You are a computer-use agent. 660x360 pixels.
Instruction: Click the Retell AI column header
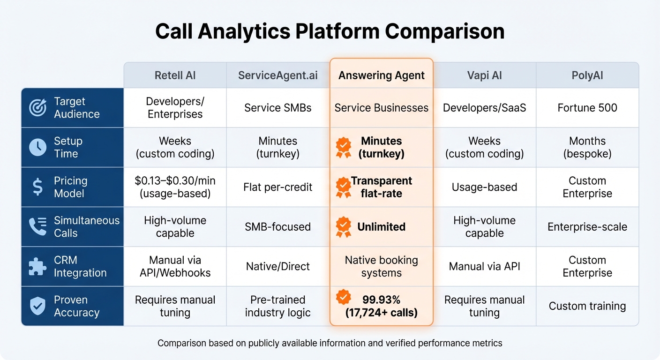tap(175, 75)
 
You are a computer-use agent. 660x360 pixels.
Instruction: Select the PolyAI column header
tap(587, 75)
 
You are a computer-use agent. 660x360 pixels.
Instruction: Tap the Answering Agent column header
tap(382, 75)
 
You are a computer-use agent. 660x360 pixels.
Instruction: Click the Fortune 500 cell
tap(587, 108)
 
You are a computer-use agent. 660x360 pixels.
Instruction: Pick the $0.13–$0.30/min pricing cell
tap(175, 187)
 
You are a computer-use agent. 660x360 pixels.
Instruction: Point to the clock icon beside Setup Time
tap(37, 147)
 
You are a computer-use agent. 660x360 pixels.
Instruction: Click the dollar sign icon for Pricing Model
tap(37, 187)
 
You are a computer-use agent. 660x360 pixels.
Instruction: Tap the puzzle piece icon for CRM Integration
tap(37, 266)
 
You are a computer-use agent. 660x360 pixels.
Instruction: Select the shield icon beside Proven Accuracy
tap(37, 306)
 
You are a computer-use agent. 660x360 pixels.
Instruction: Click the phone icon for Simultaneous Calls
tap(37, 227)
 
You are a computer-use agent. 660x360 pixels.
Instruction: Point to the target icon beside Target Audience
tap(37, 108)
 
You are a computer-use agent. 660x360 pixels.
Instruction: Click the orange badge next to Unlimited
tap(344, 227)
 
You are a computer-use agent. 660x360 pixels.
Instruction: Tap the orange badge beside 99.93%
tap(344, 297)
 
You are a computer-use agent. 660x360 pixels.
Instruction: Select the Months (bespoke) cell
tap(587, 147)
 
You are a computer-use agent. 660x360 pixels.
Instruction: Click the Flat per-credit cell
tap(277, 187)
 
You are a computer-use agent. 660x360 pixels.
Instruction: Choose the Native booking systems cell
tap(382, 266)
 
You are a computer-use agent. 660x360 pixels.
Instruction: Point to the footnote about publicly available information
tap(330, 343)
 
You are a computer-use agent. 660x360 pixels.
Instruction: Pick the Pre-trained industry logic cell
tap(277, 306)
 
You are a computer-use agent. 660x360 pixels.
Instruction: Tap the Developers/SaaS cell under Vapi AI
tap(484, 108)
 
